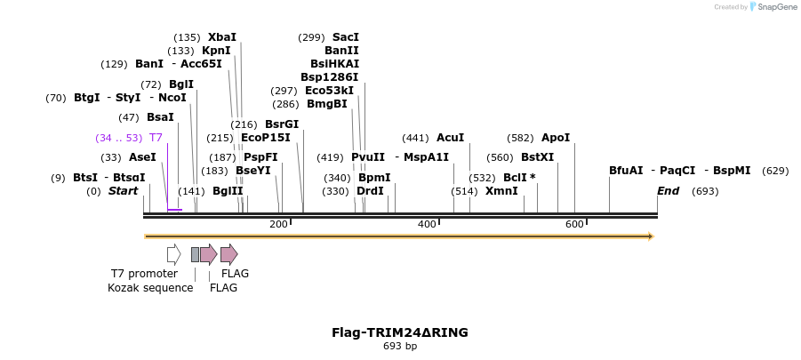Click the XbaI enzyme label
[222, 37]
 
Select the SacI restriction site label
[346, 37]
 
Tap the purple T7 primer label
[156, 138]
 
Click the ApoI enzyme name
[556, 138]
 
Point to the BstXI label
[537, 157]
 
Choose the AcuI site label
[450, 138]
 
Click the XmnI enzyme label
[501, 191]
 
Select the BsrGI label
[282, 124]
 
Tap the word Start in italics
[124, 191]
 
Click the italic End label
[668, 191]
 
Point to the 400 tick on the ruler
[427, 224]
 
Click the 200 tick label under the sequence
[278, 224]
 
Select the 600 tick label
[574, 224]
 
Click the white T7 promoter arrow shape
[173, 254]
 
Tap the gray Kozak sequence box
[195, 255]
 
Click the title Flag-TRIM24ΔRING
[400, 332]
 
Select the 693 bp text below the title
[400, 347]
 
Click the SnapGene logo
[772, 7]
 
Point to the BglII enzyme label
[228, 191]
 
